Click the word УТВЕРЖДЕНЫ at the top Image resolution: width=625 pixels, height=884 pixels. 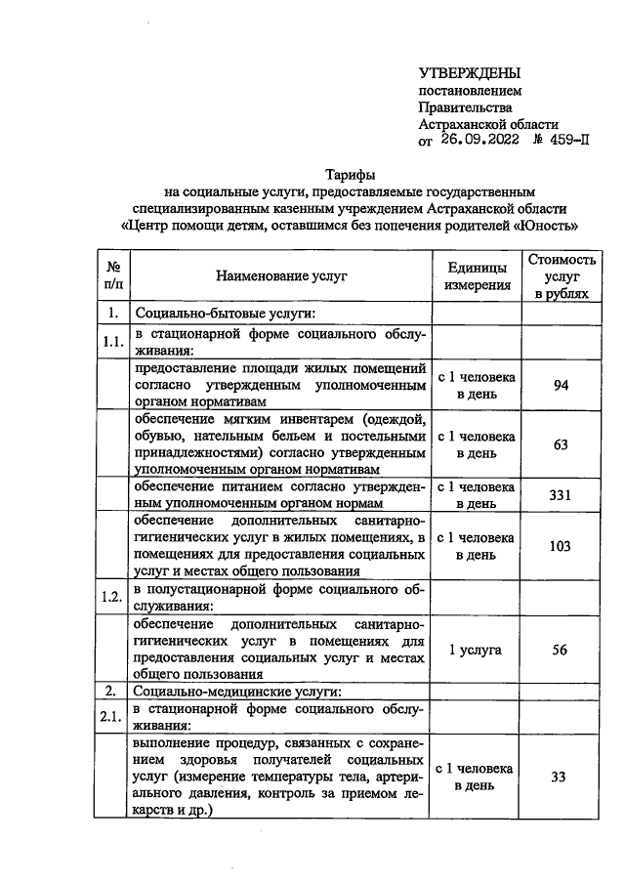point(469,73)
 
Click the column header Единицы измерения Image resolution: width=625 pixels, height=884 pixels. point(477,276)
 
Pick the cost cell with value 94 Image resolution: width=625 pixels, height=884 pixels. point(561,386)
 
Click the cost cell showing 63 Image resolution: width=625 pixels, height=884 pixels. point(561,444)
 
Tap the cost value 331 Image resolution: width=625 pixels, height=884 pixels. point(561,495)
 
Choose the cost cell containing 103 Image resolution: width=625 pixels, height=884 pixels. point(561,546)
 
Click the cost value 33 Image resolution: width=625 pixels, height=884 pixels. point(561,777)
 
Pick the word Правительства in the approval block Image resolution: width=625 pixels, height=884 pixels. point(465,107)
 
